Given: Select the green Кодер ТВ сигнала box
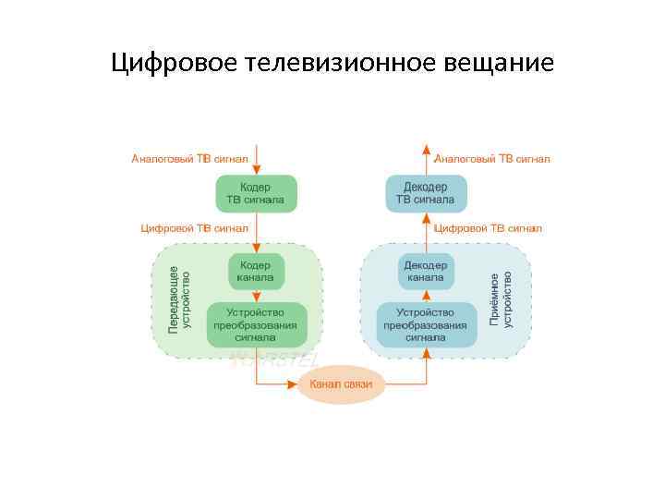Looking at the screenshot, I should pos(256,193).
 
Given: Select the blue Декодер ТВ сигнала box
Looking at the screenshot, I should pos(426,193).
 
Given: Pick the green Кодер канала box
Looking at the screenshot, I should pos(256,271).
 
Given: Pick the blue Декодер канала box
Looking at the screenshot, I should pos(426,271).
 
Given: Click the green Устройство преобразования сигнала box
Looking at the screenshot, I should pos(256,324).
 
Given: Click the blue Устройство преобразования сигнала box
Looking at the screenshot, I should pos(426,324).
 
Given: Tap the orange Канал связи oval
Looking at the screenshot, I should pos(341,383).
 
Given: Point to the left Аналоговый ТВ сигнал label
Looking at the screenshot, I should pos(189,159).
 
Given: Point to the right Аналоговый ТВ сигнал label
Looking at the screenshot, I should pos(492,159).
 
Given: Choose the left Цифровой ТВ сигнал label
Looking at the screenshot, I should pos(194,227).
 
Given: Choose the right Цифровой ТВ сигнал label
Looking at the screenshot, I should pos(488,227).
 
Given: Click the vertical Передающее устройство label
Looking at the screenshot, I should pos(179,298).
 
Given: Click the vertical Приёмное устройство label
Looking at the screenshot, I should pos(500,298).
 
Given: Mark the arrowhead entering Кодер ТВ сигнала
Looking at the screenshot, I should pos(256,170).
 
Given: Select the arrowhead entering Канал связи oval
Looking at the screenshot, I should pos(293,383).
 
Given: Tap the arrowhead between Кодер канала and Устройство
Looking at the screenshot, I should pos(256,298).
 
